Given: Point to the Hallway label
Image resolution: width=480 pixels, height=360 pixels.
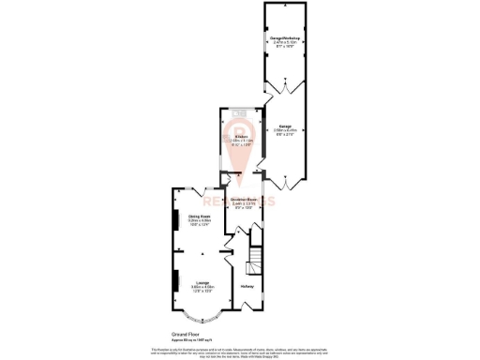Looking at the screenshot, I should [247, 286].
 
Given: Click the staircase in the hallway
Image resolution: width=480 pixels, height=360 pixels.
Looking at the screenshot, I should [252, 259].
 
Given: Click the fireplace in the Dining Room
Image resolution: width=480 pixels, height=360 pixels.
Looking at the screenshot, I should [173, 220].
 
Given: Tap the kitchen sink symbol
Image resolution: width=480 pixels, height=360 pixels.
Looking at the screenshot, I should [237, 114].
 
